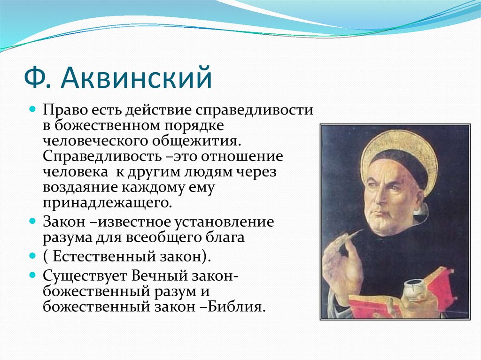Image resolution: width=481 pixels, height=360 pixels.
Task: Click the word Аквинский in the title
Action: click(136, 78)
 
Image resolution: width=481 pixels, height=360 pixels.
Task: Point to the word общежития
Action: click(195, 142)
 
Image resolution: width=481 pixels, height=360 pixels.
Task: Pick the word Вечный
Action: click(159, 276)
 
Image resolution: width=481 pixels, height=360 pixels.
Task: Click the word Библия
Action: click(236, 306)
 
